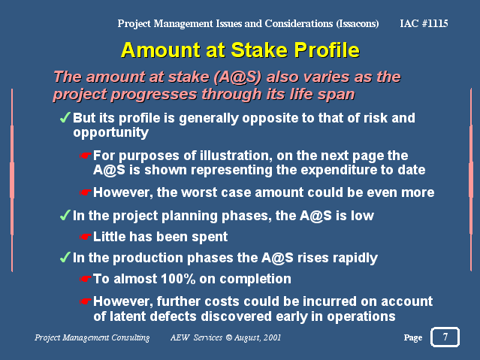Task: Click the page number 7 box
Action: coord(445,337)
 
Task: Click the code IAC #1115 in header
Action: coord(424,23)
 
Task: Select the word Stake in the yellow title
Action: coord(259,50)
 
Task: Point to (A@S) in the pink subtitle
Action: coord(237,77)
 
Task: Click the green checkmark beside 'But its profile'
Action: coord(65,117)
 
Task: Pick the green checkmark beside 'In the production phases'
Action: coord(65,257)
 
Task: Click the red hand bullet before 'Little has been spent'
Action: coord(85,237)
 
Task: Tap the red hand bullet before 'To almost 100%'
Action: coord(85,279)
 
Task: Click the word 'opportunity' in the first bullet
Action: coord(111,133)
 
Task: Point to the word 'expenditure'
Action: coord(326,170)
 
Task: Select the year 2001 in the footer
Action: coord(272,337)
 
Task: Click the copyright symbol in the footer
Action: coord(228,337)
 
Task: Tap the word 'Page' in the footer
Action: coord(413,337)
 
